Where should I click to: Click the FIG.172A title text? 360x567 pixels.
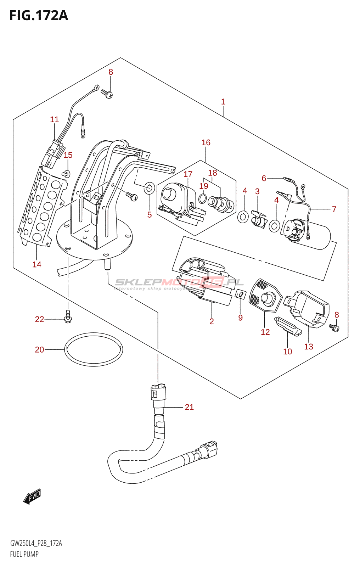(x=39, y=16)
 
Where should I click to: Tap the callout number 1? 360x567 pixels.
(x=223, y=102)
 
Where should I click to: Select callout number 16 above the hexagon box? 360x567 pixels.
(x=206, y=142)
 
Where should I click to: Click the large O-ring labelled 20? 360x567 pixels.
(x=94, y=349)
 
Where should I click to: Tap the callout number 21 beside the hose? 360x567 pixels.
(x=189, y=407)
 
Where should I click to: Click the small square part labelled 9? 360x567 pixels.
(x=241, y=294)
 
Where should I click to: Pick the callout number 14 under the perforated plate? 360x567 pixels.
(x=37, y=264)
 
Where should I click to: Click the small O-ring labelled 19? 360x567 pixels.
(x=202, y=198)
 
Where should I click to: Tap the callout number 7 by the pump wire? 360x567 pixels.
(x=334, y=209)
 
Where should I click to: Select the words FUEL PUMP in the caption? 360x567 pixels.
(x=24, y=554)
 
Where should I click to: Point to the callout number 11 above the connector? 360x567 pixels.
(x=54, y=119)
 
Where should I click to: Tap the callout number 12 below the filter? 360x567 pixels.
(x=265, y=332)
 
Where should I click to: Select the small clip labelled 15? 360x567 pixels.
(x=66, y=174)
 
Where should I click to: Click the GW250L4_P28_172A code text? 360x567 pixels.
(x=36, y=543)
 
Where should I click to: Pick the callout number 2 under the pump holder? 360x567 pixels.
(x=212, y=321)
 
